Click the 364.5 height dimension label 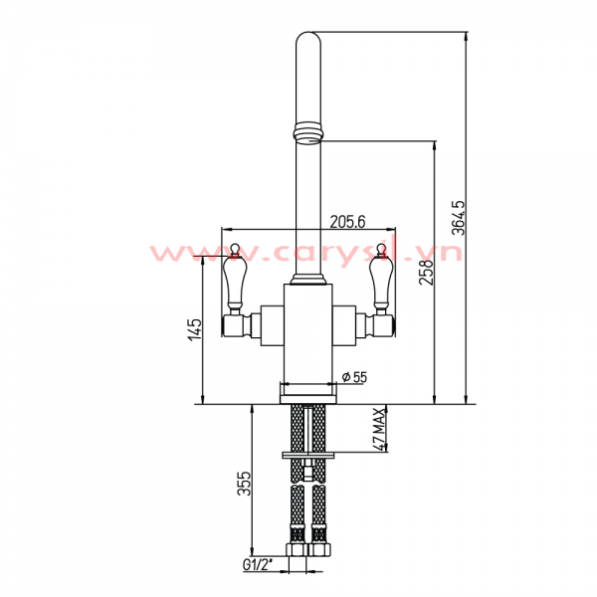coord(458,218)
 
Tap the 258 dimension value coord(426,273)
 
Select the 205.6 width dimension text coord(347,222)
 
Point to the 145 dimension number coord(196,329)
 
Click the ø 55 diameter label coord(354,377)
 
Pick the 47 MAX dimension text coord(379,429)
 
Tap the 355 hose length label coord(244,484)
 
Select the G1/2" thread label coord(258,565)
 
